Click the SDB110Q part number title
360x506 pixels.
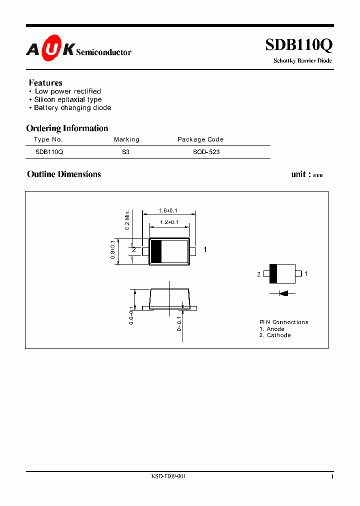tap(298, 45)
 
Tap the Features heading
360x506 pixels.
tap(45, 82)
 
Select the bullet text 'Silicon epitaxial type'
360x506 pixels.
tap(67, 99)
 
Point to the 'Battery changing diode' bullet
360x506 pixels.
tap(72, 107)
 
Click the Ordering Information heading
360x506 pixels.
tap(67, 128)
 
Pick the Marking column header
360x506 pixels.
tap(126, 139)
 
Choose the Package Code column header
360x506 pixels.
tap(200, 139)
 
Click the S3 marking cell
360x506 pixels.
tap(125, 151)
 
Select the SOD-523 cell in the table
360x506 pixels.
tap(206, 151)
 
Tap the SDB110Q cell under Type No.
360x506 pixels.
tap(49, 151)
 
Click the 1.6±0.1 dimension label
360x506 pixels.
tap(167, 211)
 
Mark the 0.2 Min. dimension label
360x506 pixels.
tap(127, 219)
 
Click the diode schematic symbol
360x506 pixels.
tap(283, 293)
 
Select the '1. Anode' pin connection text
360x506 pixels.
tap(272, 329)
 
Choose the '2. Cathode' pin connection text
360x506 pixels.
tap(274, 335)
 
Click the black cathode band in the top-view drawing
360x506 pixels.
tap(156, 250)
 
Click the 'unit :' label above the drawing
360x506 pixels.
tap(301, 174)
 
